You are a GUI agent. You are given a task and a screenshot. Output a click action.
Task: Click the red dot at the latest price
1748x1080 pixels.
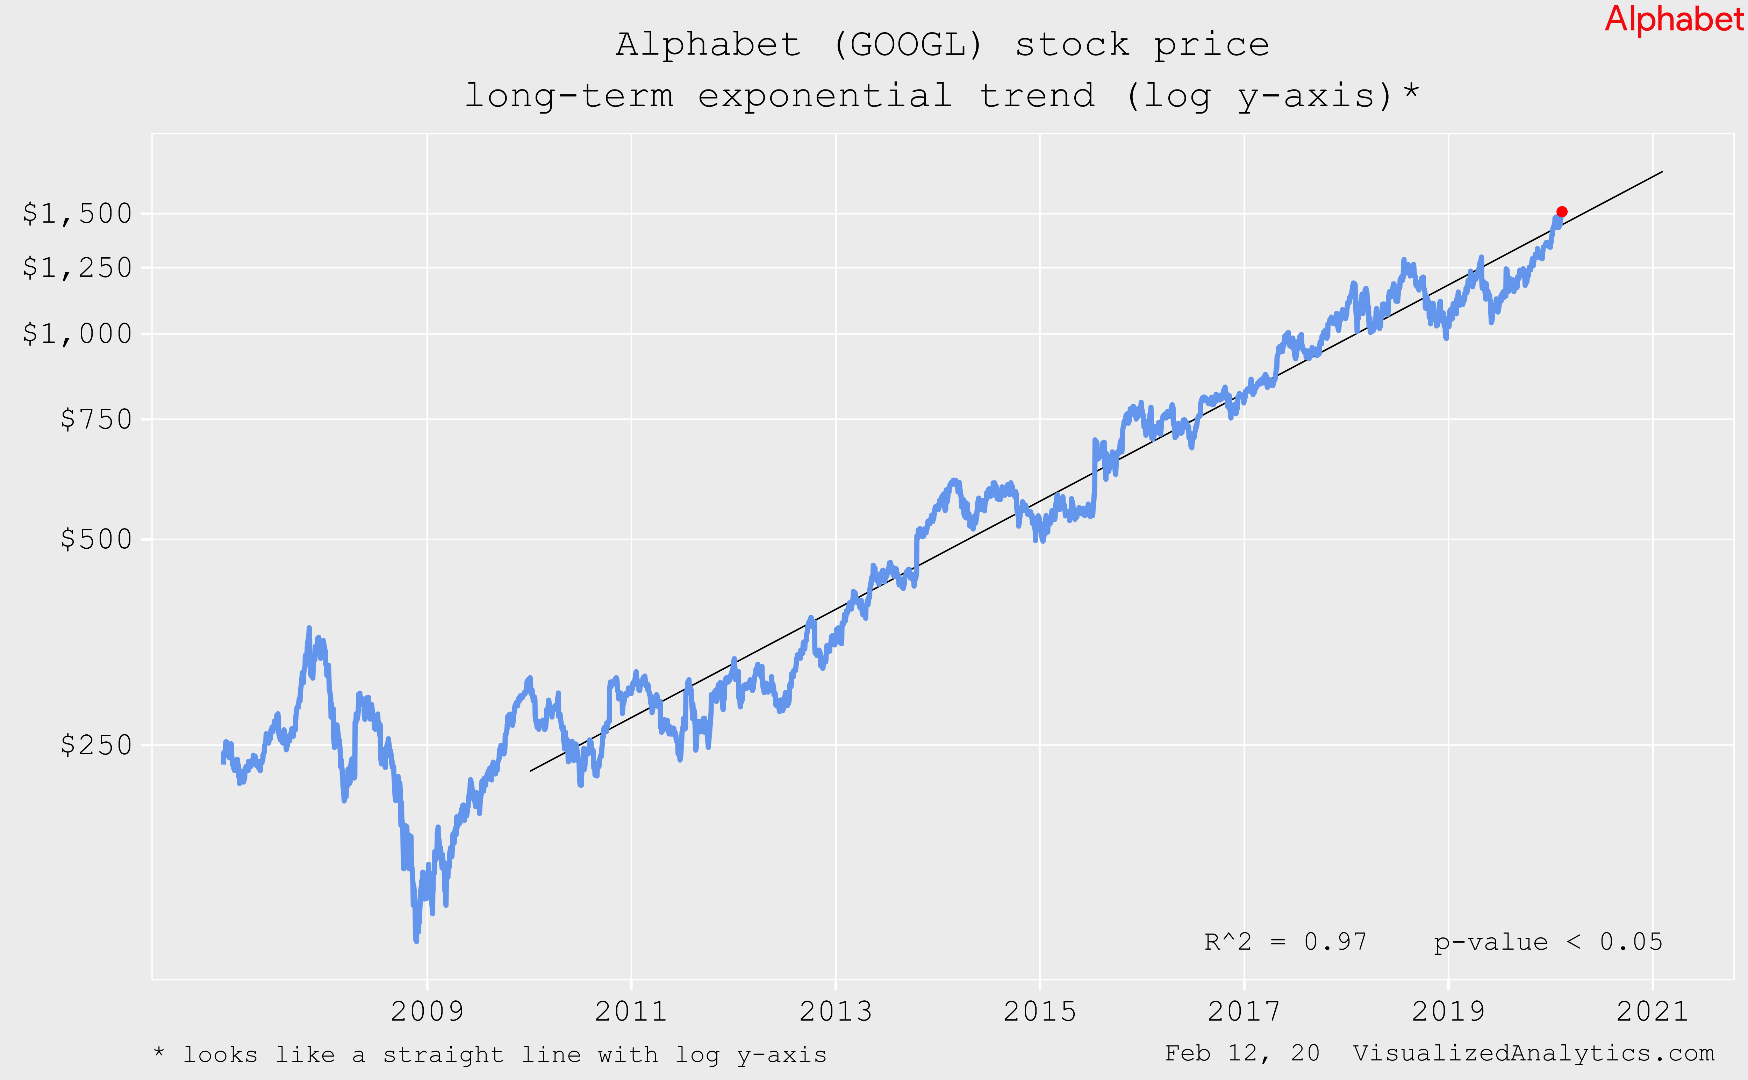1562,211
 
